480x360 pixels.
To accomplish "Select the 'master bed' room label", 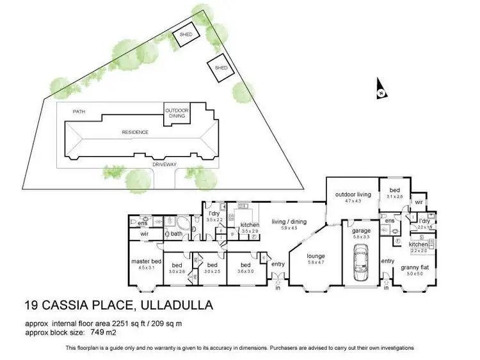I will tap(147, 262).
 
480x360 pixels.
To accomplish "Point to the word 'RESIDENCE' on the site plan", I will tap(135, 132).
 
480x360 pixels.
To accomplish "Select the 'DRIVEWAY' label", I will tap(164, 164).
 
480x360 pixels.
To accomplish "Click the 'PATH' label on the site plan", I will tap(79, 111).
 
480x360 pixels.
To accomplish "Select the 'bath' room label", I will tap(176, 234).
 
